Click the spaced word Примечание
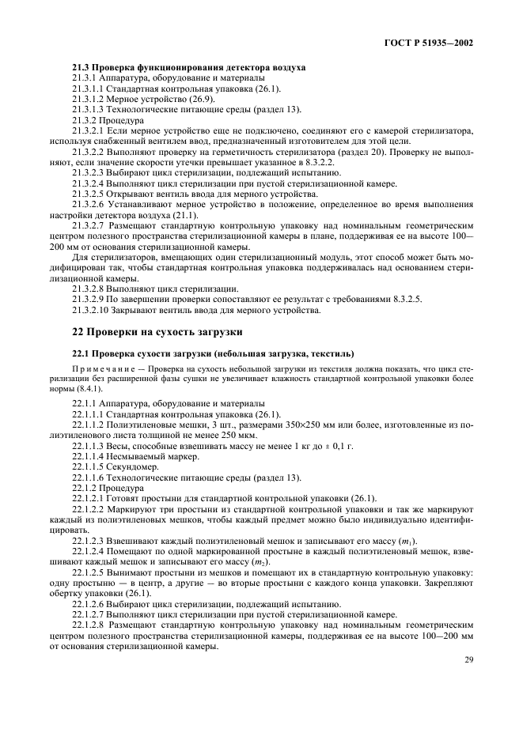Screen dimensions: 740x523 coord(103,369)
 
